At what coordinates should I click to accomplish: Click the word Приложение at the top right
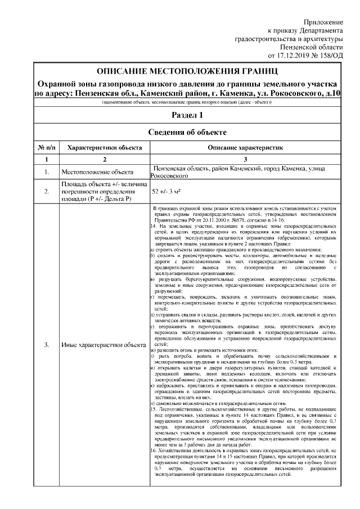tap(323, 21)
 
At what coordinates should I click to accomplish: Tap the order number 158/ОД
tap(330, 56)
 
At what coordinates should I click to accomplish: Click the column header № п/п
tap(46, 147)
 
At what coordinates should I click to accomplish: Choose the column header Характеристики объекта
tap(104, 147)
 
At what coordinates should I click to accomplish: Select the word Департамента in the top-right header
tap(319, 30)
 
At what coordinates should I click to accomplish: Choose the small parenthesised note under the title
tap(186, 103)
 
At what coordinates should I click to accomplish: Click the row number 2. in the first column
tap(46, 191)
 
